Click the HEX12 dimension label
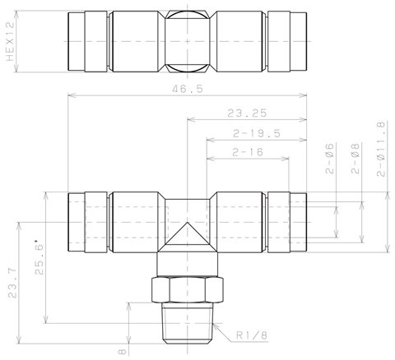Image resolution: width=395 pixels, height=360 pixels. point(10,42)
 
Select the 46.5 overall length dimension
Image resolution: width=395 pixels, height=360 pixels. point(188,89)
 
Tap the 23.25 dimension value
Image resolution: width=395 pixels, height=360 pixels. point(247,113)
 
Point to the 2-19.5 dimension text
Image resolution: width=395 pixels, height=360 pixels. point(257,134)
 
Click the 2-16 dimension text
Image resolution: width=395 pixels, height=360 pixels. point(248,152)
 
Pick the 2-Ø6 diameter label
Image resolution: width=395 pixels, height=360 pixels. point(330,159)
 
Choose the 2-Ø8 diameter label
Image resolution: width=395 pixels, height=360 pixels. point(355,159)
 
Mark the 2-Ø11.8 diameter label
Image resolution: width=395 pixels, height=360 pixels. point(381,149)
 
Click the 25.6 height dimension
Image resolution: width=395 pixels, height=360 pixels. point(39,257)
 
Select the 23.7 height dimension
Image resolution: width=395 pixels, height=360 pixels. point(12,283)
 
